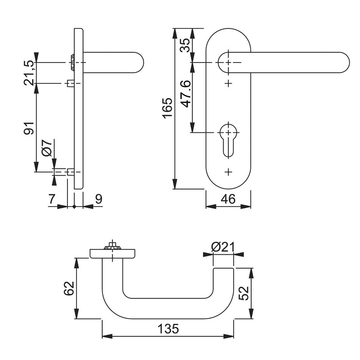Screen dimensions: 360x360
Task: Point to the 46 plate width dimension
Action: coord(229,198)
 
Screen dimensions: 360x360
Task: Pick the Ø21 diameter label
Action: coord(223,247)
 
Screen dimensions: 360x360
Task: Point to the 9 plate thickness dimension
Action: coord(99,199)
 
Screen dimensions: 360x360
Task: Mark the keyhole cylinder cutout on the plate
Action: coord(229,137)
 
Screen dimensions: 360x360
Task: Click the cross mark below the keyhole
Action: coord(229,171)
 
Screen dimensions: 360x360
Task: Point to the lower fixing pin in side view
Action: coord(70,172)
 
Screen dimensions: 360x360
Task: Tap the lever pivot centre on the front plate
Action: coord(229,62)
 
